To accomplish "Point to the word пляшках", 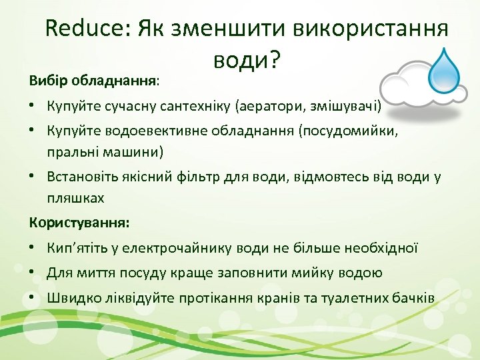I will [75, 199].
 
